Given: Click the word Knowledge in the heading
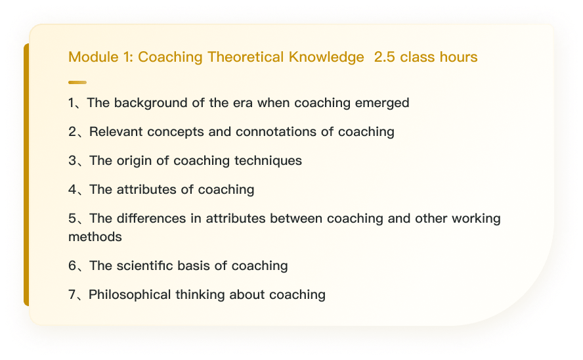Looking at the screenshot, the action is [x=326, y=58].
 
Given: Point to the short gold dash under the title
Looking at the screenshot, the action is [x=77, y=82].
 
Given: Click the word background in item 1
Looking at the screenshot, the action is [x=150, y=103].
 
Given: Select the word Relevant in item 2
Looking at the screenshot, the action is [x=116, y=131].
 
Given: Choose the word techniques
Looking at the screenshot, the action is [x=268, y=161].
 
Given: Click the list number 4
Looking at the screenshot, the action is [x=72, y=190].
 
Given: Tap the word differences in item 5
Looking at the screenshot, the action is [x=151, y=218].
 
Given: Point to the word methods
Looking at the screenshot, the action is [x=95, y=237].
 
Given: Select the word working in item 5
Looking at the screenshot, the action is [x=476, y=219].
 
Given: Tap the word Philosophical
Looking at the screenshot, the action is [x=130, y=295].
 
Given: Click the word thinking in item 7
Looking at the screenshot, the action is [x=200, y=295].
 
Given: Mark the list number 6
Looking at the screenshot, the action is [x=72, y=266].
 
